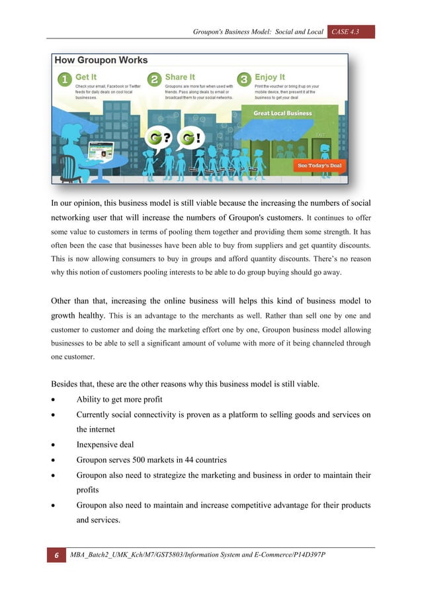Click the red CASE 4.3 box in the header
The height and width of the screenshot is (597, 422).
point(351,31)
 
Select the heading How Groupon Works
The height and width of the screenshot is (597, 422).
point(101,60)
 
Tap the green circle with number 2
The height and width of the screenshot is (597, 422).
point(154,79)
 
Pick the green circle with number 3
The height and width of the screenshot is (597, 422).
point(244,79)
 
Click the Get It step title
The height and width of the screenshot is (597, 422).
point(86,77)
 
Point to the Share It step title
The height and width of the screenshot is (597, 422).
point(180,77)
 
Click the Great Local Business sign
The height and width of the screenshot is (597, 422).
point(282,113)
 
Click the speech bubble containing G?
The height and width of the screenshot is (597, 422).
point(158,140)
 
